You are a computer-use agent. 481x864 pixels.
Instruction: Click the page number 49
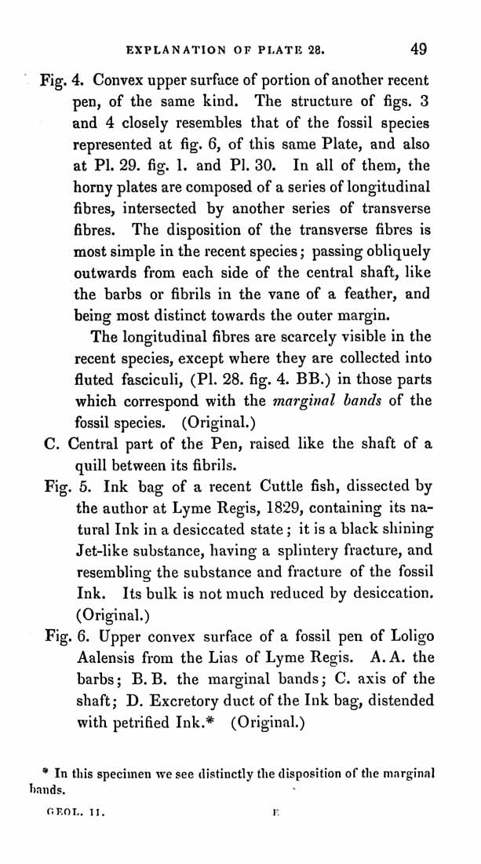pyautogui.click(x=418, y=49)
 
